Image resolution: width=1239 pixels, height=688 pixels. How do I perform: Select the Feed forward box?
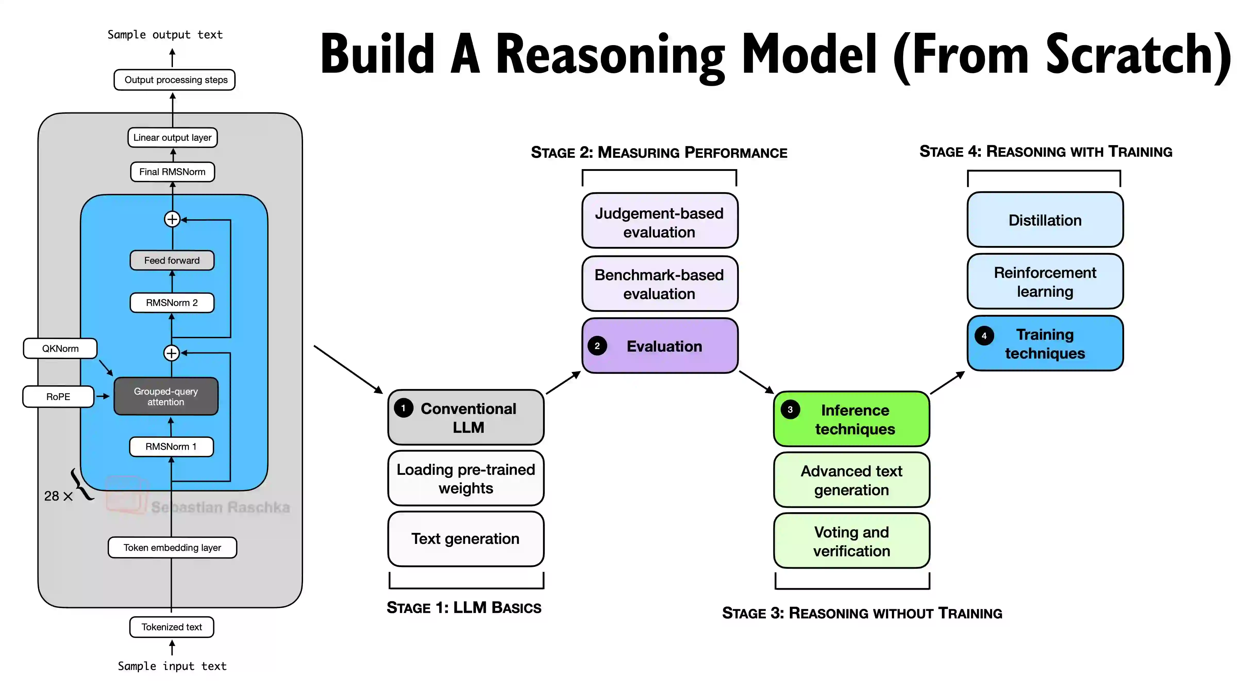(172, 260)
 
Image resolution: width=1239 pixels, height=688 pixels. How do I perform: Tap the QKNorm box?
(60, 348)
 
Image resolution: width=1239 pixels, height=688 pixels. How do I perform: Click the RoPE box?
(58, 396)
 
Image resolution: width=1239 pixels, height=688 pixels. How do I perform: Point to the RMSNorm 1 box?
(171, 446)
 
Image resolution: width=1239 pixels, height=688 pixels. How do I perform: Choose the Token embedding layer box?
(172, 548)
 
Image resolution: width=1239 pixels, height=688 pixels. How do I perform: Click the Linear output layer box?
(172, 138)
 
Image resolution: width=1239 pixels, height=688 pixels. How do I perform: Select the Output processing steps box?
(175, 80)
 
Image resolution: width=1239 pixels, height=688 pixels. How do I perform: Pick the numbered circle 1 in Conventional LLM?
(403, 408)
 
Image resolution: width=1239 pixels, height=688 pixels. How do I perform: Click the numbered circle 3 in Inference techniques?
(790, 409)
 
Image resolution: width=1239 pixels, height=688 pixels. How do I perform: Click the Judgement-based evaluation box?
(659, 222)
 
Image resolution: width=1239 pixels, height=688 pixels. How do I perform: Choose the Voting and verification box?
(851, 541)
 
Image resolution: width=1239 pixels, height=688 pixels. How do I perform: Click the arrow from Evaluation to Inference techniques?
(756, 382)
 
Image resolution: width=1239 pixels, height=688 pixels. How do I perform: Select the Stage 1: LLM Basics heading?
(464, 608)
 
